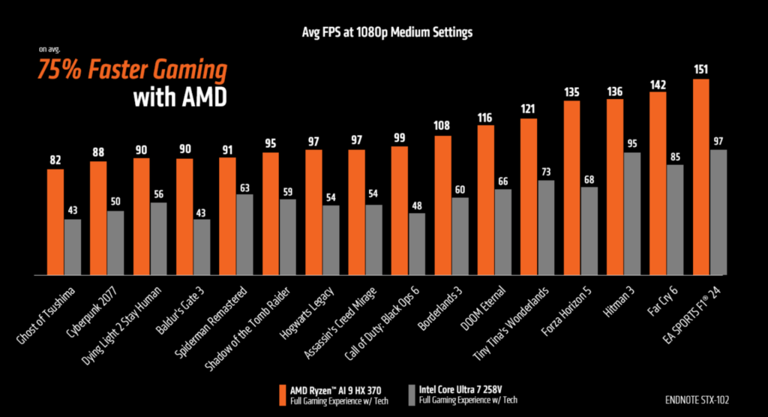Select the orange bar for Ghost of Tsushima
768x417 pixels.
55,222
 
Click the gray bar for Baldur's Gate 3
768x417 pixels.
202,247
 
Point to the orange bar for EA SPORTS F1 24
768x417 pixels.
701,177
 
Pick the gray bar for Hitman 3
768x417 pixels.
632,214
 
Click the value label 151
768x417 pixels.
701,70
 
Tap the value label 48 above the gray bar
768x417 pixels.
417,205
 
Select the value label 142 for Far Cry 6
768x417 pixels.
658,84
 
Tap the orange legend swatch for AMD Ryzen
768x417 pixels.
283,394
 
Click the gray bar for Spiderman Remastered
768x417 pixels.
244,235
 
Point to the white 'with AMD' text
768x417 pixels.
179,97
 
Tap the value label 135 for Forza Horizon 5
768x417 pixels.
571,92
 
